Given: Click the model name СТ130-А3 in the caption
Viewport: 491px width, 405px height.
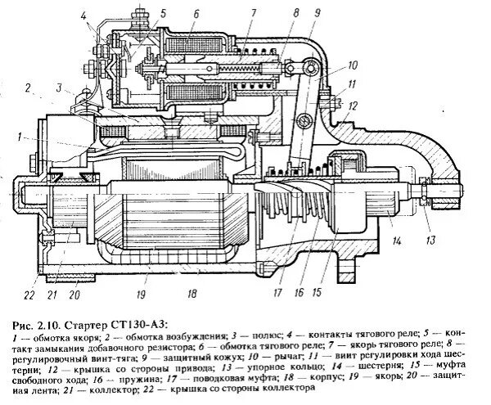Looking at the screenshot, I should pos(141,320).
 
